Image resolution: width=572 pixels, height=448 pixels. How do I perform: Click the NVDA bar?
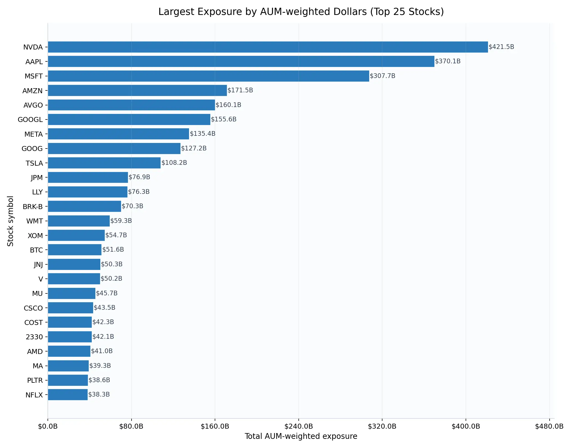(267, 47)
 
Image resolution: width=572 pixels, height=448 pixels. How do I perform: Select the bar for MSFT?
(208, 76)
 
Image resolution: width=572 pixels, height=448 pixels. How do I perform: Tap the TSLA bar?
(104, 163)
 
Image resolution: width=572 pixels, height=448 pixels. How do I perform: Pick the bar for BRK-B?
(84, 206)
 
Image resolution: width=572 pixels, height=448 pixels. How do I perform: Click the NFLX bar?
(68, 395)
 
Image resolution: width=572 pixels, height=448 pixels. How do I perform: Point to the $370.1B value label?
(448, 61)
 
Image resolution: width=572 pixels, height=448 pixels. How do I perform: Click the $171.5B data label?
(240, 90)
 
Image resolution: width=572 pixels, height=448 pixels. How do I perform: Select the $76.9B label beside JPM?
(139, 177)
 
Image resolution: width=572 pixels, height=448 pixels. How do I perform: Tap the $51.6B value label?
(113, 249)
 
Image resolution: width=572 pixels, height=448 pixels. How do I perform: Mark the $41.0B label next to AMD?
(102, 351)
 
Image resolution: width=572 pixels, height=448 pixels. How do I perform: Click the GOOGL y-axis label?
(30, 120)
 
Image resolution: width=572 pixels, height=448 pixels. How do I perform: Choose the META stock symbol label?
(33, 134)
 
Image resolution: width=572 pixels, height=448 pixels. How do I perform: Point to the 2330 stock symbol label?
(34, 337)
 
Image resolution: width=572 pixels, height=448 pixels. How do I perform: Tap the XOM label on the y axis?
(35, 236)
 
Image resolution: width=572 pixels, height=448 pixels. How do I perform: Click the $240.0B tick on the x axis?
(299, 426)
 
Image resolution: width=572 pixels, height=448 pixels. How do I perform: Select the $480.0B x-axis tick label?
(549, 426)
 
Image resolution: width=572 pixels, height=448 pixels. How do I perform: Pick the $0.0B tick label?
(48, 426)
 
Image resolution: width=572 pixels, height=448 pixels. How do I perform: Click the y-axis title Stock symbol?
(11, 221)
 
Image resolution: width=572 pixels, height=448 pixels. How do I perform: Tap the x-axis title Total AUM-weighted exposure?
(301, 436)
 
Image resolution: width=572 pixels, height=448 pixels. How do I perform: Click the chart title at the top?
(301, 12)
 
